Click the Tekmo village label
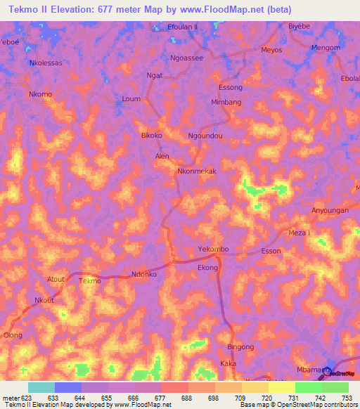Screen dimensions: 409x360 click(x=90, y=281)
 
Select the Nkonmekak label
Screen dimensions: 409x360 click(x=197, y=171)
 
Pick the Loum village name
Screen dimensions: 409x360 click(x=131, y=99)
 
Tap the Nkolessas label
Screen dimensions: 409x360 click(x=46, y=63)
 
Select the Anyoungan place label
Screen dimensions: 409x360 click(x=330, y=210)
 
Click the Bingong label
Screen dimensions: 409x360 click(x=240, y=347)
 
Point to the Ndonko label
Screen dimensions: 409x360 click(x=144, y=275)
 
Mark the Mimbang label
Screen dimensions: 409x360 click(x=226, y=102)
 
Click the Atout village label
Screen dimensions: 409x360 click(x=56, y=279)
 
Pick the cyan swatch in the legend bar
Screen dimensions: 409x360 click(x=41, y=387)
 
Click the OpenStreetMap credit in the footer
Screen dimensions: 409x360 click(x=319, y=405)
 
